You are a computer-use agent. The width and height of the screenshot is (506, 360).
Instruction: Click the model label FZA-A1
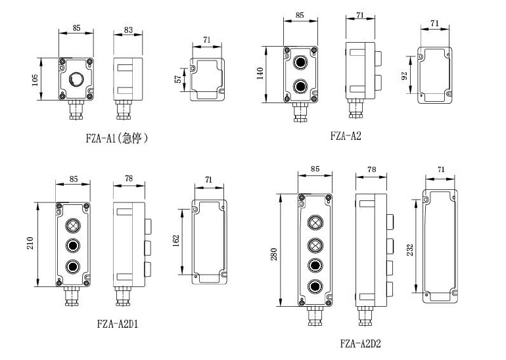101,139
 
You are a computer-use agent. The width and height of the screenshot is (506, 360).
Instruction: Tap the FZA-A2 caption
346,135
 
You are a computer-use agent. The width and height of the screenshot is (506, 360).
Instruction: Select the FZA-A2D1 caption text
118,324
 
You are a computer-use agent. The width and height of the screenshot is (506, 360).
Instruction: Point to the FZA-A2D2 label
361,343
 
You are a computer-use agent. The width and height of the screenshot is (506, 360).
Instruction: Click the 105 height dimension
35,79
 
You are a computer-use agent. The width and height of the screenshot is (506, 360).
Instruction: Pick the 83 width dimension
128,30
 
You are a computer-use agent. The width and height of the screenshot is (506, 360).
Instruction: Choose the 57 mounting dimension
178,79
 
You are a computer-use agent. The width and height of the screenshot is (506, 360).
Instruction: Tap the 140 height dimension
260,73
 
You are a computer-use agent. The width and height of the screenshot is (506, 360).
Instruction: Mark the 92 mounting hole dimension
404,76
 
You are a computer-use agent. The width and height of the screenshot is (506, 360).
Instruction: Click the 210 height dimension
30,243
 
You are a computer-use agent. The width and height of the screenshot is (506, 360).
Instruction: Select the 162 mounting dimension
176,240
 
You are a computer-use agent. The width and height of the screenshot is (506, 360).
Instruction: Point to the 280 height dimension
273,254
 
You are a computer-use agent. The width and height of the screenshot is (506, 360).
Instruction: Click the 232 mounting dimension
410,250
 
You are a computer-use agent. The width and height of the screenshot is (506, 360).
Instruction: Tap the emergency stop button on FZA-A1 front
76,79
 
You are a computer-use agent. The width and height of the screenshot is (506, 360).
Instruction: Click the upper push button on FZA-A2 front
300,62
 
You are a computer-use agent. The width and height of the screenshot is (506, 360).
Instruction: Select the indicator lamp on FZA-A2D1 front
73,225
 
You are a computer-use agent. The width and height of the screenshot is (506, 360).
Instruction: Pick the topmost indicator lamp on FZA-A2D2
315,222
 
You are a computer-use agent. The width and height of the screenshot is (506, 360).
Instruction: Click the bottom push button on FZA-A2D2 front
315,286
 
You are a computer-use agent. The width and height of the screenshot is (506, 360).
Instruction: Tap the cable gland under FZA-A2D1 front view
72,296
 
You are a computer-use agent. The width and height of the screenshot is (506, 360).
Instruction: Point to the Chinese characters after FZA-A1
132,139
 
